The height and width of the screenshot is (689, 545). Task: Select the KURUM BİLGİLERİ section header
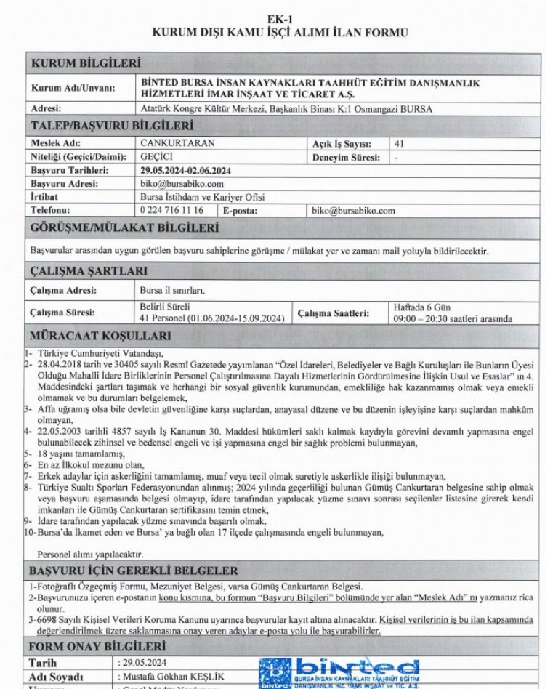86,64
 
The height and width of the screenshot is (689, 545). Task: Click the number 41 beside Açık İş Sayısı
398,143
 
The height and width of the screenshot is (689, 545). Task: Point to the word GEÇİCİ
157,156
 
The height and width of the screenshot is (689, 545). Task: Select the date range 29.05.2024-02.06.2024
185,170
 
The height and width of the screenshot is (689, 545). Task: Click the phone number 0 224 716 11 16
171,211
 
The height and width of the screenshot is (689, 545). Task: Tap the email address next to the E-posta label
352,211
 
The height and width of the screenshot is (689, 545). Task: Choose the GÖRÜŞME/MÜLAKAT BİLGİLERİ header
124,228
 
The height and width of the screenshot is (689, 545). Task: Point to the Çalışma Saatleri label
331,313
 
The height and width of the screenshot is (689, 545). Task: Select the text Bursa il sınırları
172,290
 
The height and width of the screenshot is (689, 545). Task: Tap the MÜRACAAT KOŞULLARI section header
100,336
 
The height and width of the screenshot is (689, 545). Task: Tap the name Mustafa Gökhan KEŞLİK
167,676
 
